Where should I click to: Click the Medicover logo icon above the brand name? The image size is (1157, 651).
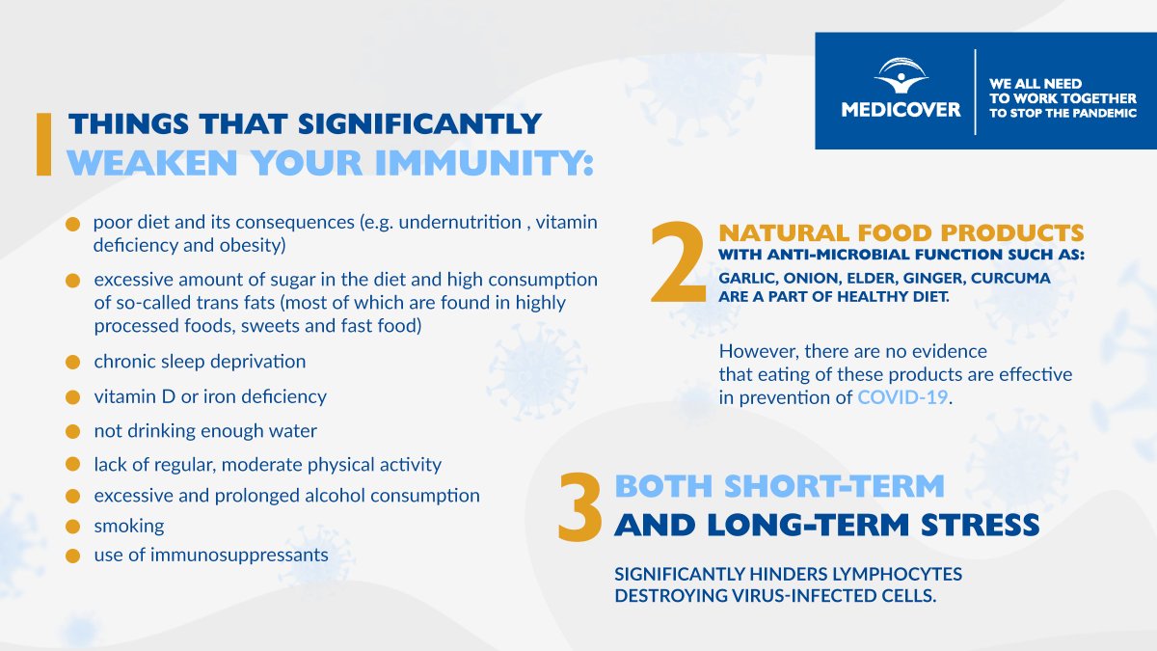click(x=901, y=75)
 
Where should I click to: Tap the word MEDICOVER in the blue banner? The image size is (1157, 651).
click(x=901, y=109)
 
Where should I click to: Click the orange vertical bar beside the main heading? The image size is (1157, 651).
click(x=42, y=145)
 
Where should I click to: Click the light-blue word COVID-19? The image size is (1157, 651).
click(x=903, y=397)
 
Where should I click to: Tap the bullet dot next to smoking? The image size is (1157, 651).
click(x=72, y=528)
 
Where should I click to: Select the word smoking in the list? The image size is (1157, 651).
click(x=129, y=527)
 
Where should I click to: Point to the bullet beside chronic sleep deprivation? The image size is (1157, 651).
click(x=72, y=363)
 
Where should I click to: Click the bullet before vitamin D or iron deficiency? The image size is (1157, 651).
click(x=72, y=397)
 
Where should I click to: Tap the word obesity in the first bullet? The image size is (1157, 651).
click(x=252, y=245)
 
